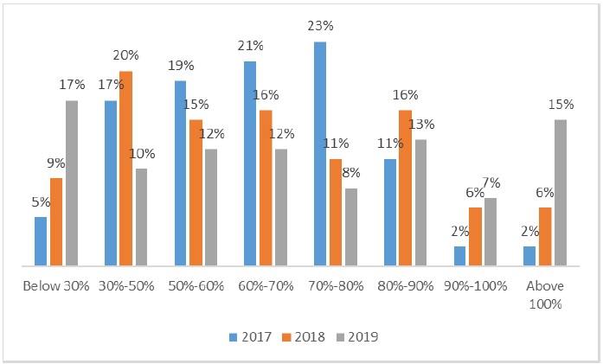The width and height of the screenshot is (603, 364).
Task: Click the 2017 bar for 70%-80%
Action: pos(320,154)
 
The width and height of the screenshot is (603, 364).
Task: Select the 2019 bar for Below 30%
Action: pos(71,183)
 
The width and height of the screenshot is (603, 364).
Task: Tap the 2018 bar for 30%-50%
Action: pos(125,169)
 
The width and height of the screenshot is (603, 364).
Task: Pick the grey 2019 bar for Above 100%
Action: pos(561,193)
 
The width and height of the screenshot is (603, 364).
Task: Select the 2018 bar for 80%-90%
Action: pos(405,188)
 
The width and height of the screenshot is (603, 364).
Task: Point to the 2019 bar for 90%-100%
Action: pos(491,232)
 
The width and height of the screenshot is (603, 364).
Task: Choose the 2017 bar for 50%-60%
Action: pos(181,173)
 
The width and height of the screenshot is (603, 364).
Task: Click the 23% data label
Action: pos(320,27)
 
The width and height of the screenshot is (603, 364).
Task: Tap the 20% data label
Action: pos(126,56)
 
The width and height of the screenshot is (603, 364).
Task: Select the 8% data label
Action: pos(350,173)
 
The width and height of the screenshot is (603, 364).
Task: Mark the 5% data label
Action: pos(41,202)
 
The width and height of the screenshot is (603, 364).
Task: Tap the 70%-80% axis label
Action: pos(335,286)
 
